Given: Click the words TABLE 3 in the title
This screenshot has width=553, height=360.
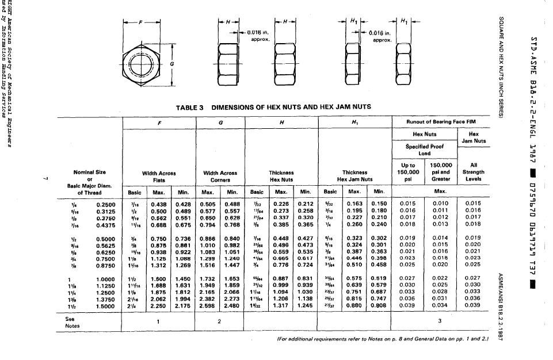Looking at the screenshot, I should [x=189, y=108].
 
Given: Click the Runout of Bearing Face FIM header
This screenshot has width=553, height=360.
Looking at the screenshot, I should [x=440, y=122].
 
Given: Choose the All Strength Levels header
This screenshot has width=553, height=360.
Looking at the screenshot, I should [x=474, y=172].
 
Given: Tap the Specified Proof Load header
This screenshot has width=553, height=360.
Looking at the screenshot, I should [x=425, y=150].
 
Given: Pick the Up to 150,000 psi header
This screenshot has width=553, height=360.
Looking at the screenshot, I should [x=408, y=172].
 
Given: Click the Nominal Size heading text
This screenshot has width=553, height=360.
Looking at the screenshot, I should [x=90, y=172].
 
